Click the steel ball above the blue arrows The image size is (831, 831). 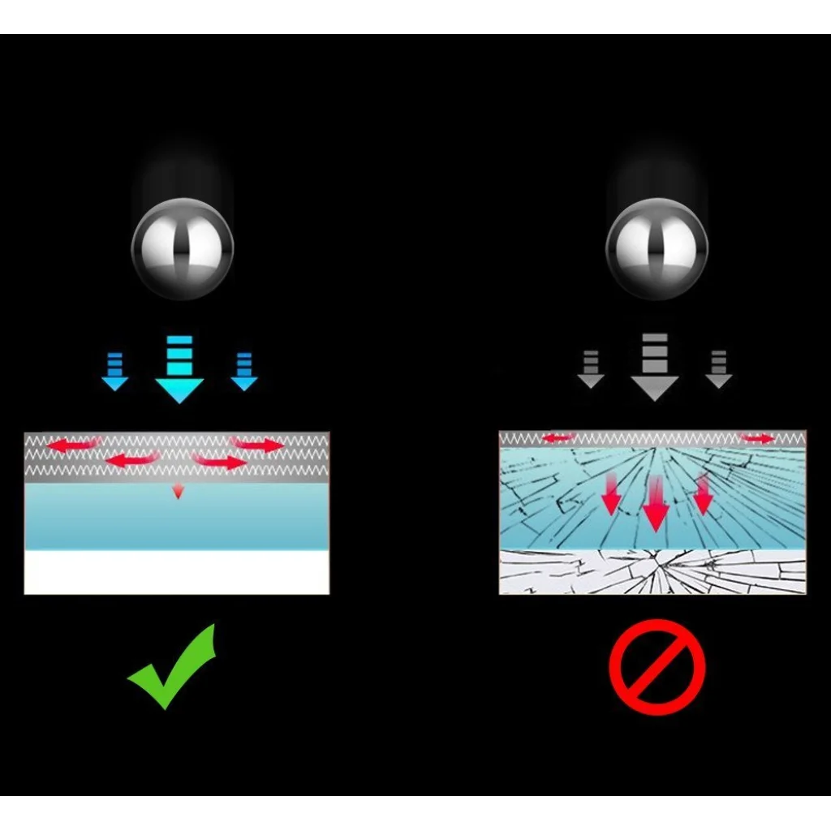[x=183, y=248]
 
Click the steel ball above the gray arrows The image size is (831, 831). [x=657, y=248]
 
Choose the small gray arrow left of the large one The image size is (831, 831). [x=591, y=370]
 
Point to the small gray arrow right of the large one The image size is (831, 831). [x=718, y=370]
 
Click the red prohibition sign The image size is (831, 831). [x=657, y=667]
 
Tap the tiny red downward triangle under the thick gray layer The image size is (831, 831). [x=178, y=491]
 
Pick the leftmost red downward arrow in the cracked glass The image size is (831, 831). [x=611, y=497]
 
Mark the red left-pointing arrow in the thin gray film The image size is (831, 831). [x=558, y=438]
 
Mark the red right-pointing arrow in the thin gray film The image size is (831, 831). [x=758, y=438]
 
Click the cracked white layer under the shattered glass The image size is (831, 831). [x=652, y=572]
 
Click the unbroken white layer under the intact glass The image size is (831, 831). [x=177, y=572]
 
